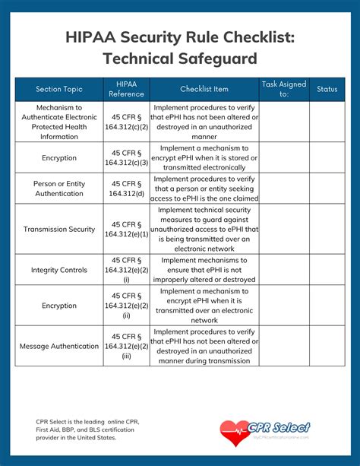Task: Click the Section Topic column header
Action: (x=59, y=89)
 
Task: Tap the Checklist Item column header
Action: (x=204, y=89)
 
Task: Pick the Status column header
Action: (x=327, y=89)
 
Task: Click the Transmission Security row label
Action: (x=59, y=229)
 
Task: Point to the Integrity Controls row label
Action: (x=59, y=270)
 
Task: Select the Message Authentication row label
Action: (x=59, y=346)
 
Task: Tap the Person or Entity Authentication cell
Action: (x=59, y=188)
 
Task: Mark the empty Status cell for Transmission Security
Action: (x=327, y=229)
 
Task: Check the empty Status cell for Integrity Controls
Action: (x=327, y=270)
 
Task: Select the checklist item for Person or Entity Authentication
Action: (x=204, y=188)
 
